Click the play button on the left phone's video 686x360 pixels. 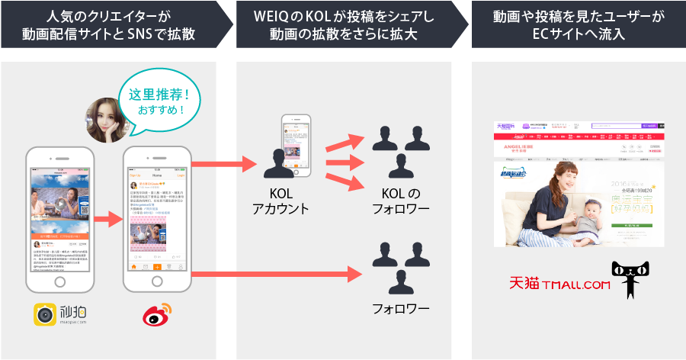[x=59, y=204]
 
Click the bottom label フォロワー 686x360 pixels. [x=400, y=309]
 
